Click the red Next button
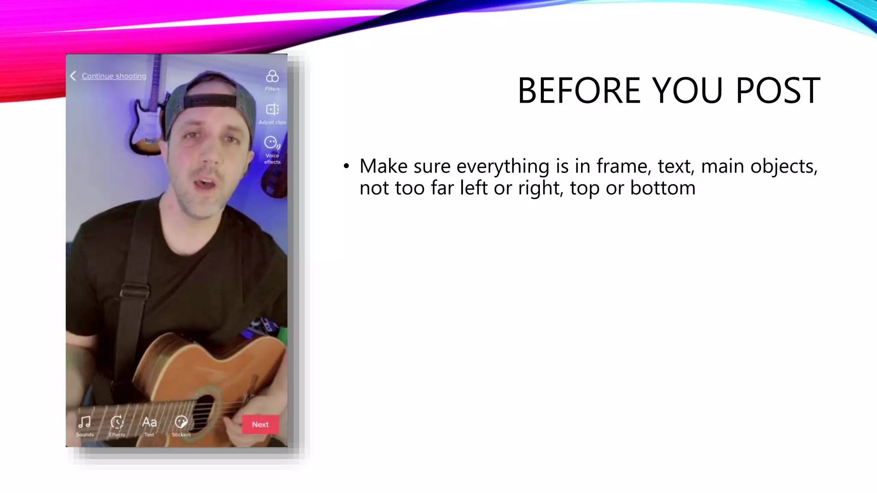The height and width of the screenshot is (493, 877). pos(260,425)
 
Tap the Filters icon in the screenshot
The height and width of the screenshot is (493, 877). pos(272,77)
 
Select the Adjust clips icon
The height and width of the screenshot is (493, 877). pos(272,110)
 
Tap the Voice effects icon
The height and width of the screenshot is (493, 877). pos(271,143)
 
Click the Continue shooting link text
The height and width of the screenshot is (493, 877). pos(114,76)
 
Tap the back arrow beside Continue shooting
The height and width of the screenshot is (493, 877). pos(73,76)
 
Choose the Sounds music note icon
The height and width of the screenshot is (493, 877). pos(85,422)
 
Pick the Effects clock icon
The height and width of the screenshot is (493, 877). pos(117,422)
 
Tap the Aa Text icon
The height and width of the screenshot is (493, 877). pos(149,422)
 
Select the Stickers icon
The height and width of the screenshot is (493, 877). pos(181,422)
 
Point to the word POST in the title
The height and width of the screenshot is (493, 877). pos(778,90)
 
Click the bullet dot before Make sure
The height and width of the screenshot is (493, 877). pos(346,166)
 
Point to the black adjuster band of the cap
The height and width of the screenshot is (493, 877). pos(210,101)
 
